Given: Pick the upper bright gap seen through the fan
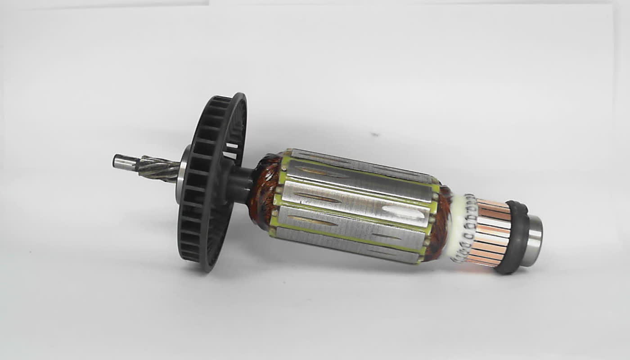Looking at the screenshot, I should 231,146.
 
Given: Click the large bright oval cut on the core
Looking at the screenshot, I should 403,212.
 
